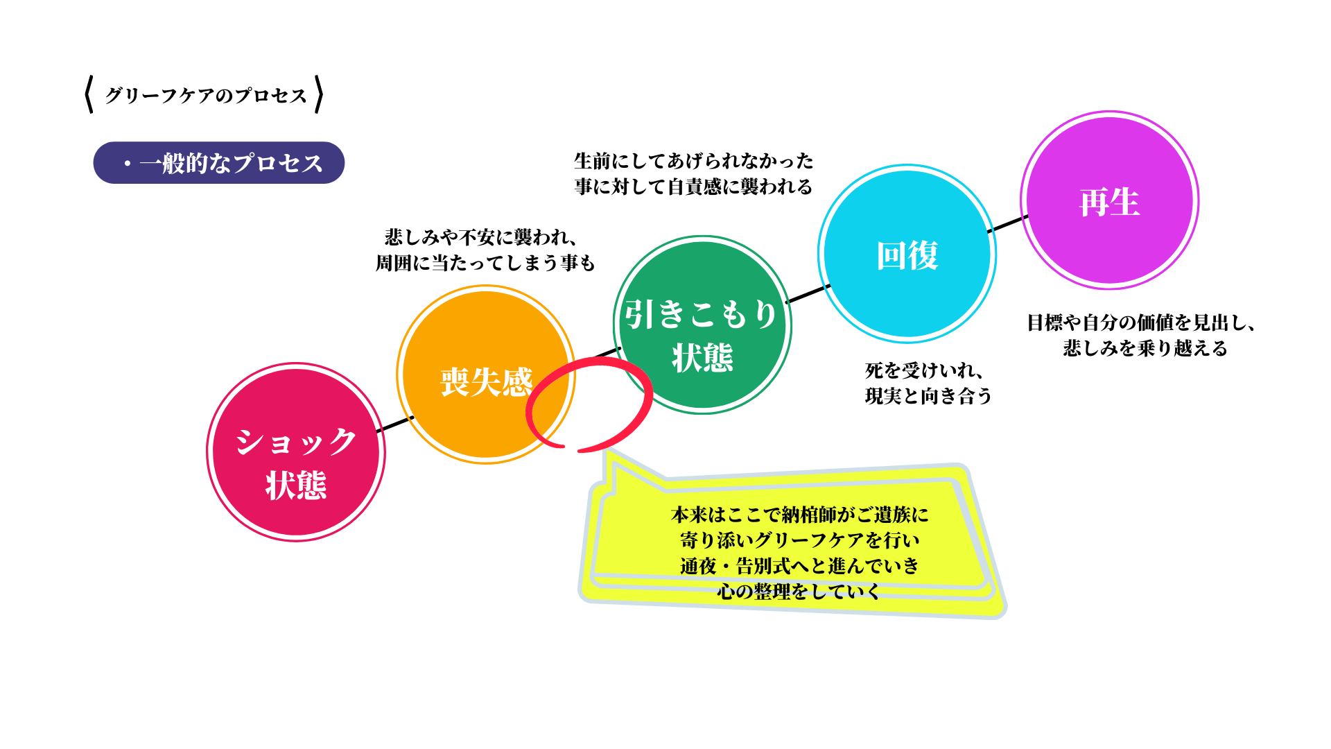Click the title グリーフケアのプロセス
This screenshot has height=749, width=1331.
pos(206,95)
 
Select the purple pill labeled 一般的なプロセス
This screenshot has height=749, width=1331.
pos(219,163)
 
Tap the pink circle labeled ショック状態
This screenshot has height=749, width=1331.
pos(296,452)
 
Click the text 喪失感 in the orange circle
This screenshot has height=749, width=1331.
pos(487,382)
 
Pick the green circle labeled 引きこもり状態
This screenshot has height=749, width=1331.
pos(702,325)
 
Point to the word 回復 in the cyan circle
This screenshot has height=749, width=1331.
pos(907,256)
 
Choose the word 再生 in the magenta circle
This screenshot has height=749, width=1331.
pos(1110,203)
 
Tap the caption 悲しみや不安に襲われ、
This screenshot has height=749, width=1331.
pos(481,237)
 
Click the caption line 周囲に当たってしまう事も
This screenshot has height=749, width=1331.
pos(485,263)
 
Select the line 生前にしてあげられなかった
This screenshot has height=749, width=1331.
pos(694,161)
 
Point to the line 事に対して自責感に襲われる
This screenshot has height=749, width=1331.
pos(694,187)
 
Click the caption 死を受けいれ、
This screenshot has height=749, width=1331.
pos(924,370)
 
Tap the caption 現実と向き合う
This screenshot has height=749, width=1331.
pos(929,396)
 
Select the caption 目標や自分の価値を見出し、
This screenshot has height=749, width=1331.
pos(1141,322)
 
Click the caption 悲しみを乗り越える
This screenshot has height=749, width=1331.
pos(1145,348)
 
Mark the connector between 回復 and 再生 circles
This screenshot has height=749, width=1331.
pos(1008,224)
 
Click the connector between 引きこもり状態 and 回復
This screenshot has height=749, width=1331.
pos(808,293)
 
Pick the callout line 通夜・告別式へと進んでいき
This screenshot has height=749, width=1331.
pos(799,566)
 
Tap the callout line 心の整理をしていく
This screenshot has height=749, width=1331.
pos(799,592)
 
